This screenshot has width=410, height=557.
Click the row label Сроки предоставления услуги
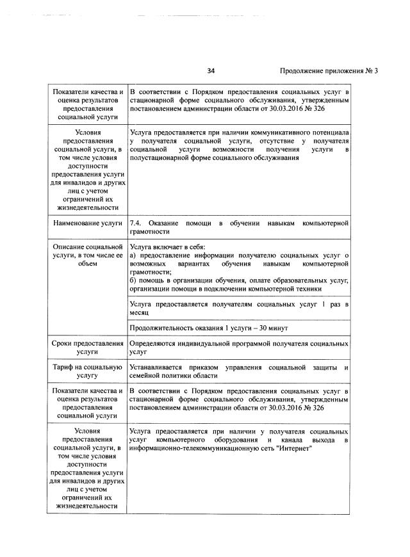pos(86,348)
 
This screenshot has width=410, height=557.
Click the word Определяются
pos(155,344)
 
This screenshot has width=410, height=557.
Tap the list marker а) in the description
pos(133,255)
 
